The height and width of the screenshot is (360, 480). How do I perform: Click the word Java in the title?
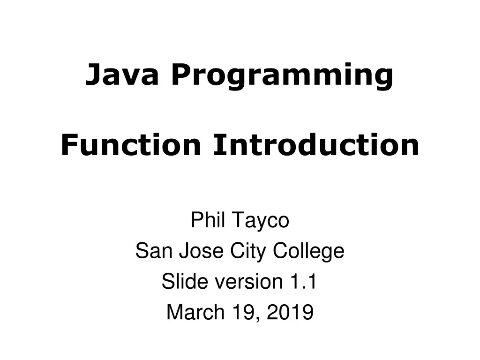point(121,75)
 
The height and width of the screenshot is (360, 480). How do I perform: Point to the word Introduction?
point(315,145)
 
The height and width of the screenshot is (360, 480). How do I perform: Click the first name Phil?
point(208,220)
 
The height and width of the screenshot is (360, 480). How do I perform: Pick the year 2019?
point(290,312)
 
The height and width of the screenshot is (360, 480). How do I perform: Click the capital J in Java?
point(92,75)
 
